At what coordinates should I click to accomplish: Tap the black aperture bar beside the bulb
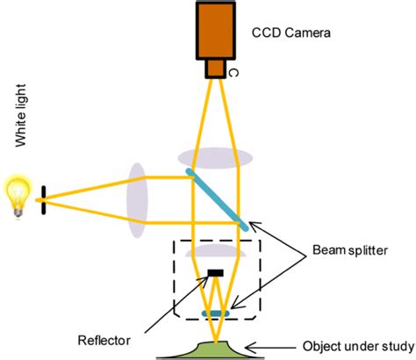coord(44,199)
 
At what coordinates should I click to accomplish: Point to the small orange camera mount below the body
coord(215,68)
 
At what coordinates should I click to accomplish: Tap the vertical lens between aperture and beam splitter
coord(136,198)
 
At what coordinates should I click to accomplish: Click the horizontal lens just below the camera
coord(215,155)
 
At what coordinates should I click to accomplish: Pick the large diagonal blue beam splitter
coord(218,201)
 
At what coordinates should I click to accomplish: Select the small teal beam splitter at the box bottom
coord(215,311)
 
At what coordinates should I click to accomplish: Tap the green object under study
coord(215,349)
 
